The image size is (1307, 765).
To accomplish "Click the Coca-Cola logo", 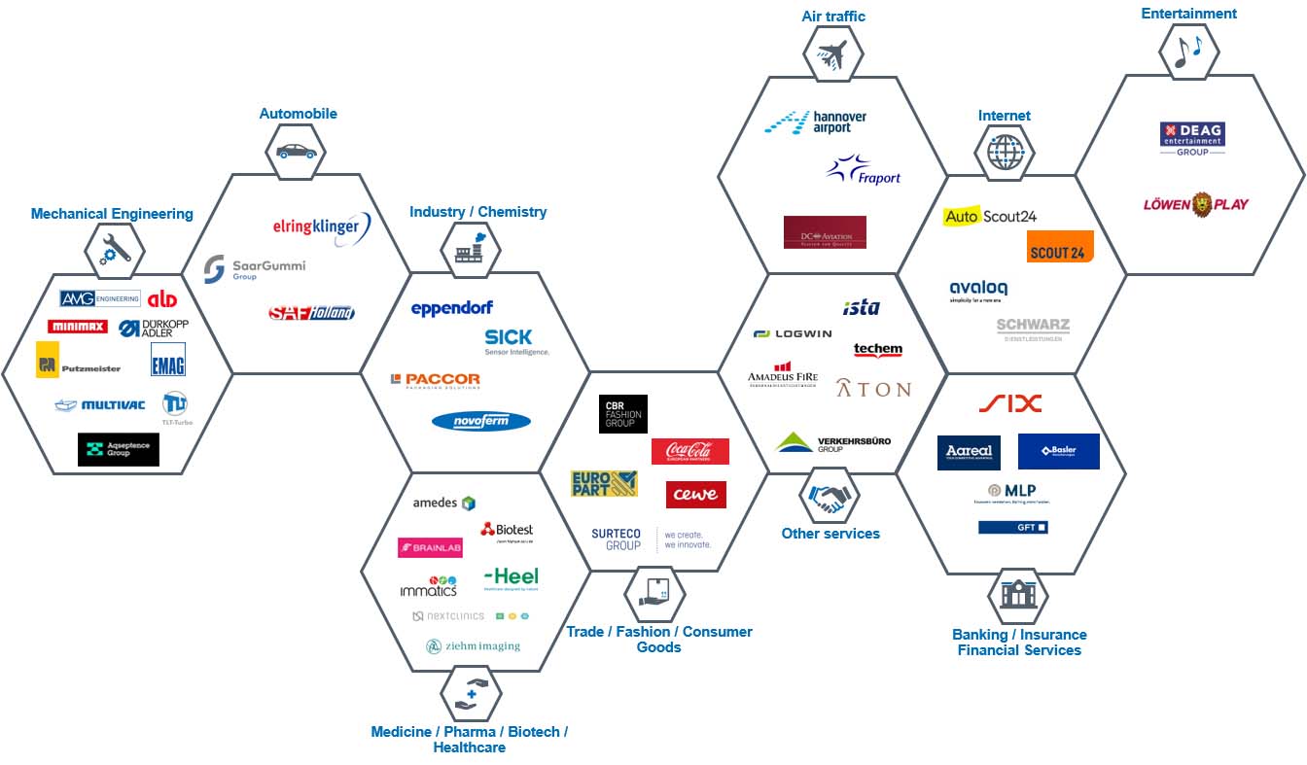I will tap(689, 451).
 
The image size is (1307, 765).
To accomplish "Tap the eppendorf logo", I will tap(452, 308).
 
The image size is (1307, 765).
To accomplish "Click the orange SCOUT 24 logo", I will tap(1059, 247).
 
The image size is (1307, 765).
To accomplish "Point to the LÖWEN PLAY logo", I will tap(1196, 204).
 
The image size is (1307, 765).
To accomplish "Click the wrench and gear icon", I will tap(115, 251).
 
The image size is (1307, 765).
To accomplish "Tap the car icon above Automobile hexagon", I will tap(297, 152).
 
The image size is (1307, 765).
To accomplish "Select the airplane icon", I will tap(833, 53).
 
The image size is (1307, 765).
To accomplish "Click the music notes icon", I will tap(1187, 50).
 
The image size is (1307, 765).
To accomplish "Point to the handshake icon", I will tap(829, 498).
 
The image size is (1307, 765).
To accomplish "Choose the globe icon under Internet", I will tap(1006, 152).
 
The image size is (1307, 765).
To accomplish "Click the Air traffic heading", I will tap(833, 16).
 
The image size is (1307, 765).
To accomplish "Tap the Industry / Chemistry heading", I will tap(477, 212).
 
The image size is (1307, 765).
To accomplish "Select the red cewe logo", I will tap(695, 494).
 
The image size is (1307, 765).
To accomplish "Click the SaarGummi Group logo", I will tap(255, 268).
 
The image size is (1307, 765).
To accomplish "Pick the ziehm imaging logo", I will tap(474, 645).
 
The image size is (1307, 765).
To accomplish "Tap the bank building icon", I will tap(1018, 593).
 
